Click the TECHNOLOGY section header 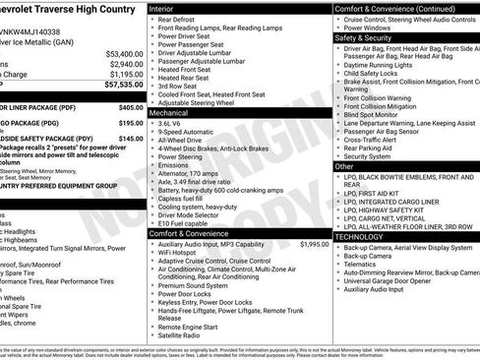click(x=359, y=237)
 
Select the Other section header click(x=344, y=166)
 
